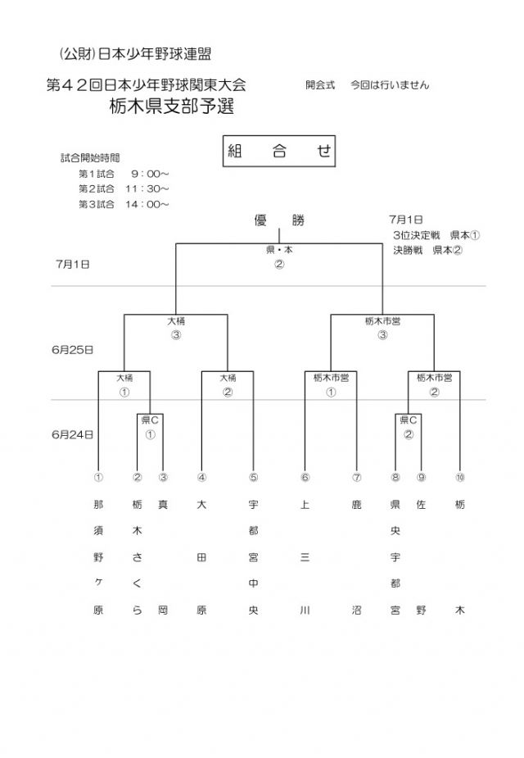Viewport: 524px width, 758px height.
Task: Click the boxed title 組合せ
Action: [279, 152]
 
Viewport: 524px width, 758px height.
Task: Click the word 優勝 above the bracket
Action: [279, 220]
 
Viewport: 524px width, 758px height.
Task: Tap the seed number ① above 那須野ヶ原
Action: [98, 477]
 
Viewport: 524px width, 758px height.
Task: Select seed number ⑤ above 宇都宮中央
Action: [254, 477]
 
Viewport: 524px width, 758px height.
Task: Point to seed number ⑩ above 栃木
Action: [460, 477]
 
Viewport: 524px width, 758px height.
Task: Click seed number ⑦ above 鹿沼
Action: [357, 477]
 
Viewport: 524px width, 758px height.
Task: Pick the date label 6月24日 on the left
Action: [72, 435]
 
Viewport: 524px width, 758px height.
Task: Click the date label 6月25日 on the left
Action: [72, 350]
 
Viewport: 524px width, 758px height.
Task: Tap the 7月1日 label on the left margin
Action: [72, 265]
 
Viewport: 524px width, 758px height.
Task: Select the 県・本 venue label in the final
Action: [279, 250]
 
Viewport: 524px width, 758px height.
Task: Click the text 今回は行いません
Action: [390, 84]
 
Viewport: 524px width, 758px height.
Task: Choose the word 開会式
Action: [320, 84]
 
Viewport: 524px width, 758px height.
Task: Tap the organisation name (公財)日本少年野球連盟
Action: [135, 54]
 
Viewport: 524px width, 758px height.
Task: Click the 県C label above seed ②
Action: [151, 420]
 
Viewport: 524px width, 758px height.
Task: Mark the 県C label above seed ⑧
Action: [408, 420]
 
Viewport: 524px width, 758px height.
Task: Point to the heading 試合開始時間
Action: [90, 158]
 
